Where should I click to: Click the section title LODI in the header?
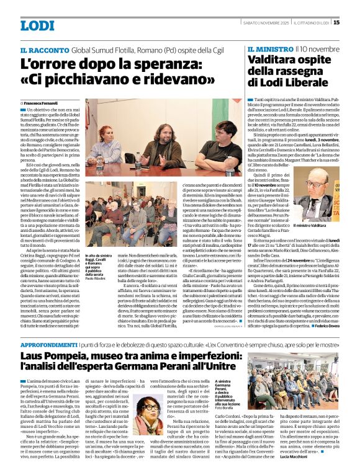coord(38,26)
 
